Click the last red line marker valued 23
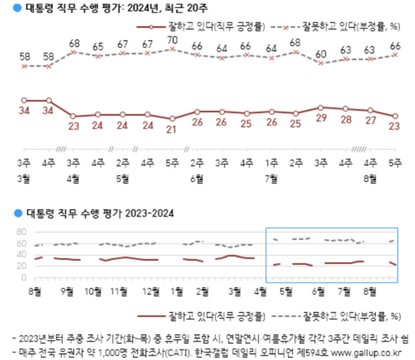click(x=395, y=116)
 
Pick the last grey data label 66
click(x=395, y=46)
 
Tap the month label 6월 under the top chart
click(x=198, y=178)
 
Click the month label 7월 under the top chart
click(x=272, y=178)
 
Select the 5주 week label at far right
click(x=395, y=164)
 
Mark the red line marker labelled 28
click(x=345, y=109)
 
